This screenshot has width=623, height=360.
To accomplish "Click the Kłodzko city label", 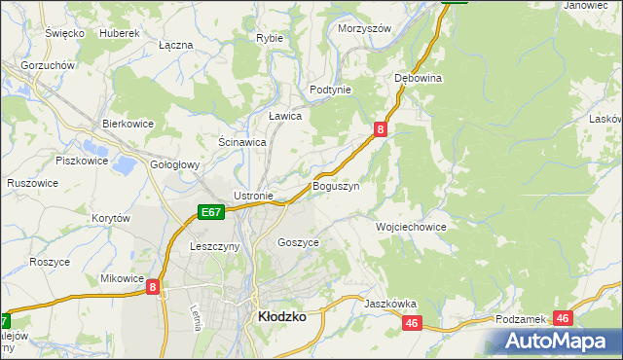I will pyautogui.click(x=281, y=316).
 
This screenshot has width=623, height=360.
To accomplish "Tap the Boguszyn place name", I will pyautogui.click(x=336, y=185).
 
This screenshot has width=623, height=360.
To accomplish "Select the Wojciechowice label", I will pyautogui.click(x=411, y=226).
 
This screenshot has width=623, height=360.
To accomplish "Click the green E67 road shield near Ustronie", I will pyautogui.click(x=211, y=211).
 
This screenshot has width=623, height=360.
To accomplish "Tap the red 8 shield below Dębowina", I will pyautogui.click(x=381, y=127).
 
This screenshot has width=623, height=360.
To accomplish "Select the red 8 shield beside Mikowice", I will pyautogui.click(x=154, y=288).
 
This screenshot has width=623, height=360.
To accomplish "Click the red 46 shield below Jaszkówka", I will pyautogui.click(x=413, y=323).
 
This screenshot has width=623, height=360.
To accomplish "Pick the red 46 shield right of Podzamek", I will pyautogui.click(x=563, y=317).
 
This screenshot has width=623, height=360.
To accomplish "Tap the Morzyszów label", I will pyautogui.click(x=364, y=28).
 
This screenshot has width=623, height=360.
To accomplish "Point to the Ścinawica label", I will pyautogui.click(x=242, y=141).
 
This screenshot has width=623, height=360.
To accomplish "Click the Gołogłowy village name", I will pyautogui.click(x=175, y=165).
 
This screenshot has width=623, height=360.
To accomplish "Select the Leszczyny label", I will pyautogui.click(x=214, y=247).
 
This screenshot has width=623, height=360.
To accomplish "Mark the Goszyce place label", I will pyautogui.click(x=298, y=242).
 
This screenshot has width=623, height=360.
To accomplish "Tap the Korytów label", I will pyautogui.click(x=111, y=219).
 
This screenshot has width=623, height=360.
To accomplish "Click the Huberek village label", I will pyautogui.click(x=120, y=32).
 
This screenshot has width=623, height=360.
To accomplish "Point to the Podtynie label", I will pyautogui.click(x=330, y=90).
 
